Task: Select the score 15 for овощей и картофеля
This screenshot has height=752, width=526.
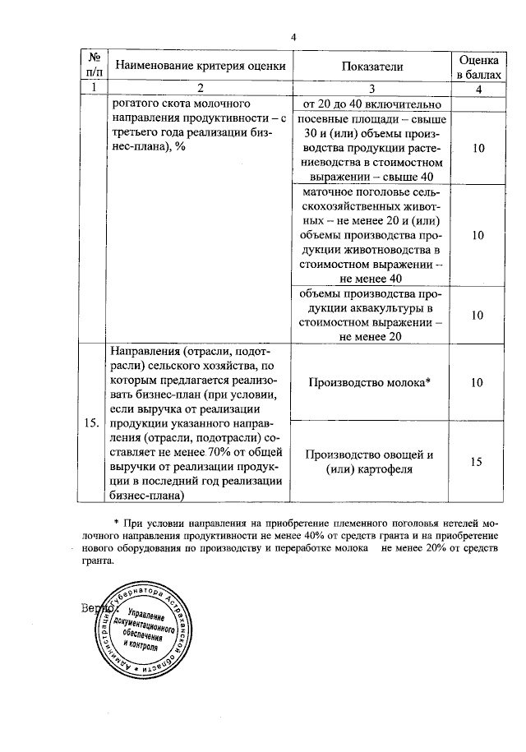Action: tap(478, 462)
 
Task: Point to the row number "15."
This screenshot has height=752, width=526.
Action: tap(94, 423)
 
